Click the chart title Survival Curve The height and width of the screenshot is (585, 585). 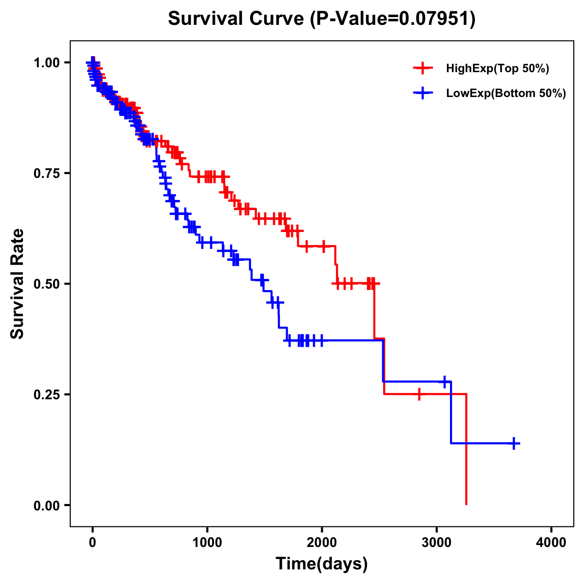coord(237,19)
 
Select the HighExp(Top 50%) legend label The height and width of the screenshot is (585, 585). coord(497,69)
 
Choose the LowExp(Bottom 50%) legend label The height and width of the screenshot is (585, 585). coord(506,94)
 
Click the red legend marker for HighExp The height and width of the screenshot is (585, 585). coord(423,69)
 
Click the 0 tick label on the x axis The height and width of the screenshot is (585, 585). coord(92,543)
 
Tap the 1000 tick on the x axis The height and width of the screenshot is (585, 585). coord(207,543)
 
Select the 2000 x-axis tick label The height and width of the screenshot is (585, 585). coord(322,543)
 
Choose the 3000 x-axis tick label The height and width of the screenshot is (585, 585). coord(437,543)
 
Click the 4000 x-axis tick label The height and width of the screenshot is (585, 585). coord(551,543)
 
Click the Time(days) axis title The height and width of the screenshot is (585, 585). coord(322,564)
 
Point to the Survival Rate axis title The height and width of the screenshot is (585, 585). coord(18,284)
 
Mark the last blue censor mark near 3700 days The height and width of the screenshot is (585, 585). coord(514,443)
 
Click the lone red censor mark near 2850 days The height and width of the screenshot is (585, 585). coord(419,394)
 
